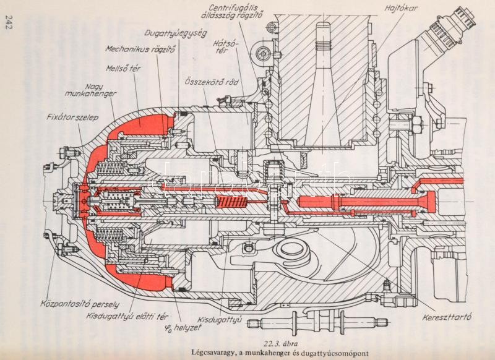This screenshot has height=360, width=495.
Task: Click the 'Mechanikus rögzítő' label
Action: pyautogui.click(x=140, y=48)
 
